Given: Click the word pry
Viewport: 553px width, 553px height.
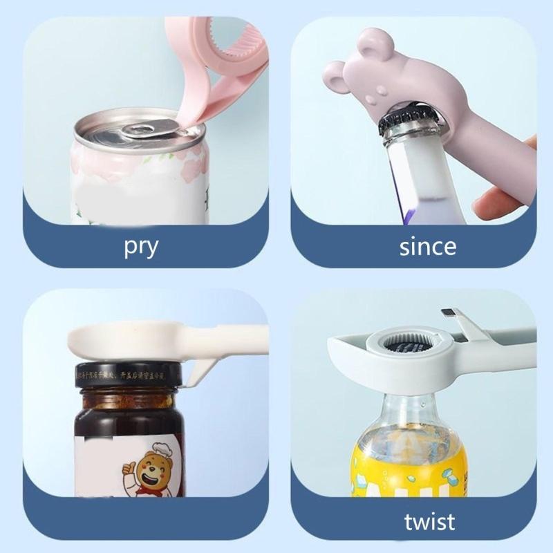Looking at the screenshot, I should click(141, 247).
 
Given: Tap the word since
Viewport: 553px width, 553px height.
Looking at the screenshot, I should click(427, 246).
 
